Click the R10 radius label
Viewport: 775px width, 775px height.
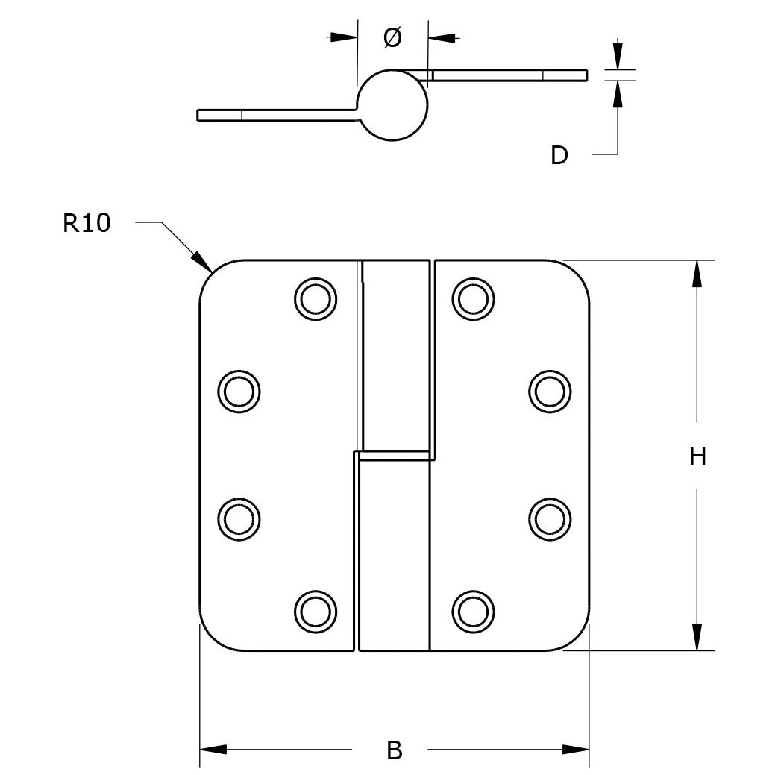click(87, 223)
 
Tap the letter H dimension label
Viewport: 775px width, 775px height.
click(697, 456)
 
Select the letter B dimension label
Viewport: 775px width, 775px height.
click(395, 750)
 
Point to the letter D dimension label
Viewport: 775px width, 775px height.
click(559, 155)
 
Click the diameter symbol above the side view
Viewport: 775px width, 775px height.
click(392, 37)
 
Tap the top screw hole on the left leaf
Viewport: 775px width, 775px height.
click(316, 299)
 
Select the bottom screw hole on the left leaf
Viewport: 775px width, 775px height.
click(316, 612)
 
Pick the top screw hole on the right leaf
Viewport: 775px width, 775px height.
click(473, 299)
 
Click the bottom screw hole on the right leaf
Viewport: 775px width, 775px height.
click(473, 612)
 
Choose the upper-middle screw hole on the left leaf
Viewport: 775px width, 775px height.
click(239, 391)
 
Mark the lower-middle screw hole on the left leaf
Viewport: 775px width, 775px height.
click(239, 519)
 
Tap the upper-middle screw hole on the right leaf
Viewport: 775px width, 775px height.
click(550, 391)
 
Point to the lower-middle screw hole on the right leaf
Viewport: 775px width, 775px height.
click(550, 519)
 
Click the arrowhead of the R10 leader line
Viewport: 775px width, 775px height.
click(203, 262)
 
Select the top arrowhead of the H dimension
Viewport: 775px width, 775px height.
click(697, 273)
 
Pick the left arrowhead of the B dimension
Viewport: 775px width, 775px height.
click(213, 750)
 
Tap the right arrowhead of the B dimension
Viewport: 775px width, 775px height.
click(576, 750)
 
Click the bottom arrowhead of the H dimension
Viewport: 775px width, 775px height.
click(697, 638)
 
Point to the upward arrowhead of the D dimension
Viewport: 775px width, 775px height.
click(618, 94)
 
